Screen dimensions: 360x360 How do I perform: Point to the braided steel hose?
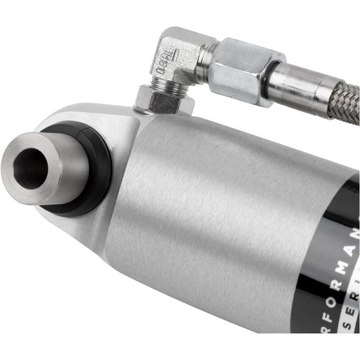(x=346, y=101)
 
